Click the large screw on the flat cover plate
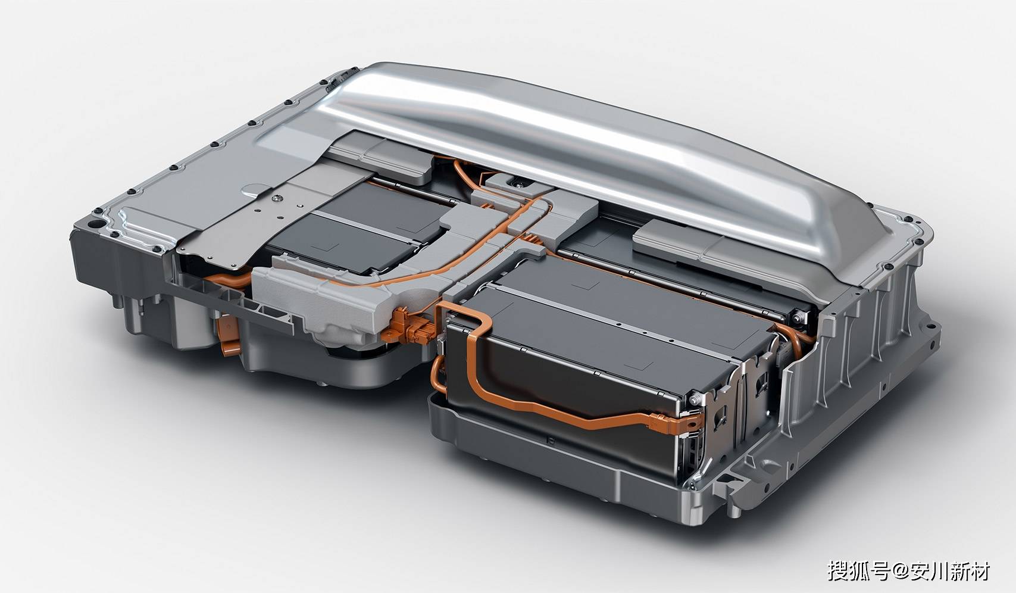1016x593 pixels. (275, 197)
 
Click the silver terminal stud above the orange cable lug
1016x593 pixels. (695, 400)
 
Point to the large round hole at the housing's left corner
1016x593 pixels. (96, 224)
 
